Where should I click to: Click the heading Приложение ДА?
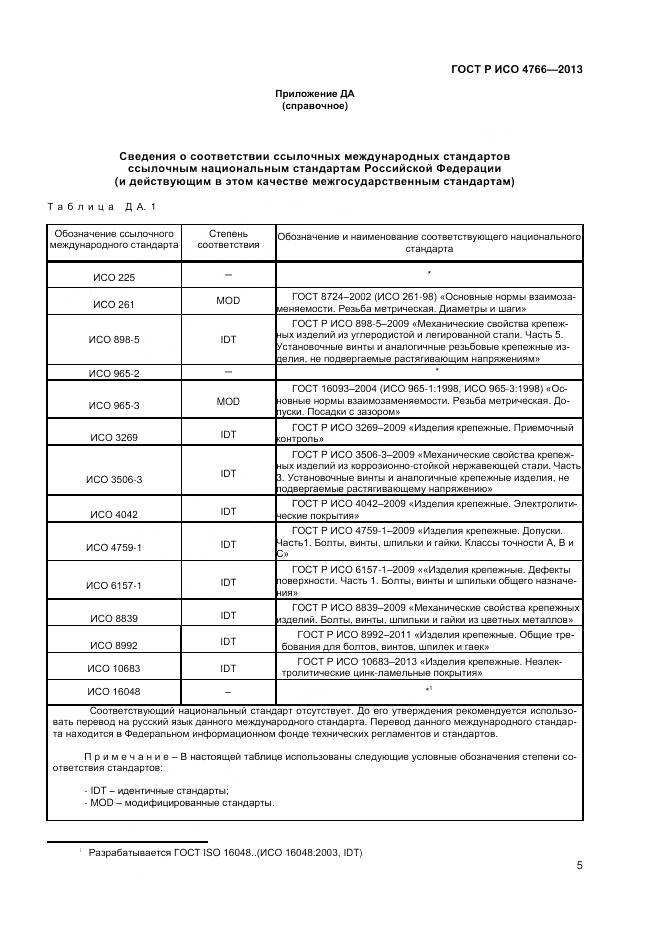click(315, 93)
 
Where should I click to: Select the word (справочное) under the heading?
click(315, 105)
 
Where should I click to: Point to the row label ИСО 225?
click(114, 278)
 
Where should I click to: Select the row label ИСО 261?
click(114, 305)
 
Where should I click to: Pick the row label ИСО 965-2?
click(114, 373)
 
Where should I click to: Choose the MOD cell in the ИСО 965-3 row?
click(228, 400)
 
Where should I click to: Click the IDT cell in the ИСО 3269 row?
click(228, 433)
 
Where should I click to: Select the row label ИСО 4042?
click(114, 514)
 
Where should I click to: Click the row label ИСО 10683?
click(114, 668)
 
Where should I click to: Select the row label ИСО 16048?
click(114, 692)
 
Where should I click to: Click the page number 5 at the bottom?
click(579, 866)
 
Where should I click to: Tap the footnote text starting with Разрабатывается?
click(225, 853)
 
